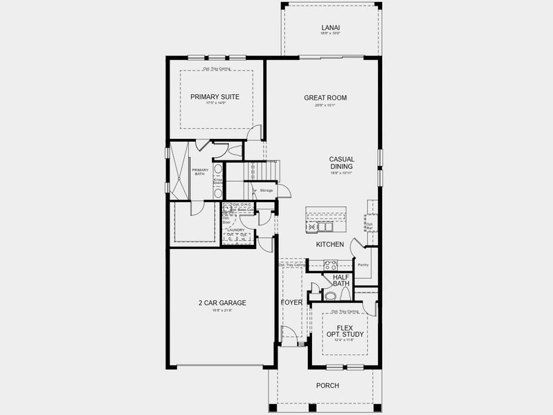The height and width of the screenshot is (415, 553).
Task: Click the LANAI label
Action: [330, 28]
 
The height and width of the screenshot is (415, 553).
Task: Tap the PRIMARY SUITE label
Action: [215, 97]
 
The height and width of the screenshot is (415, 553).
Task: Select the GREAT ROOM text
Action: [325, 98]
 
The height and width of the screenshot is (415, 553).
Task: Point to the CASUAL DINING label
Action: [341, 163]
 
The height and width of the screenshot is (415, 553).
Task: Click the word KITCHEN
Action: [330, 245]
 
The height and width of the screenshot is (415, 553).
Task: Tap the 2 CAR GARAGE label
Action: [223, 303]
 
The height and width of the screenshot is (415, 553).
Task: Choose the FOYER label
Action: [291, 303]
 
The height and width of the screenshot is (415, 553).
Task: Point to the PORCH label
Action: [327, 386]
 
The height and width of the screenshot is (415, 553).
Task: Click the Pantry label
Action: [363, 265]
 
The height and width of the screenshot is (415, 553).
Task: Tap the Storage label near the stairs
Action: [266, 190]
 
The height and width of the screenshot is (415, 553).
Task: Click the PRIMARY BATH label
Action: [200, 172]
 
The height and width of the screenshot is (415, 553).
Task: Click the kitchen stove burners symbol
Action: [330, 264]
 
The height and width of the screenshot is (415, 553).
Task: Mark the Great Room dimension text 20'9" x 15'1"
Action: [325, 106]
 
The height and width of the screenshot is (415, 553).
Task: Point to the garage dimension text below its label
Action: [223, 311]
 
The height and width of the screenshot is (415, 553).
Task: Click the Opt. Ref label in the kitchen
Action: [370, 225]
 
